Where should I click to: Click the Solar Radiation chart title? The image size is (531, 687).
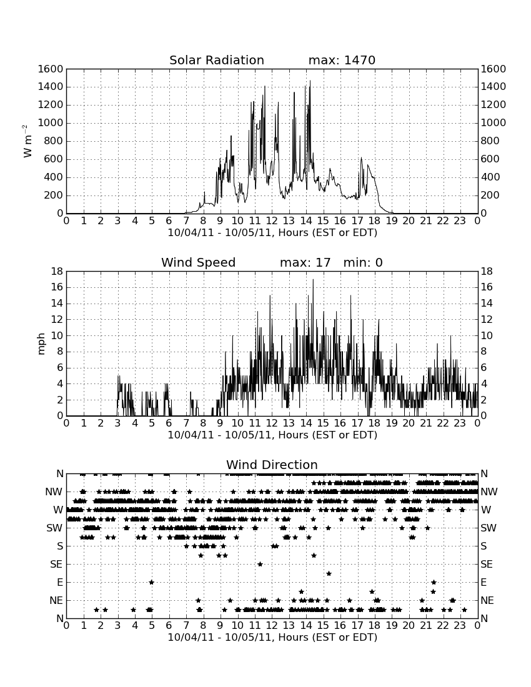point(217,60)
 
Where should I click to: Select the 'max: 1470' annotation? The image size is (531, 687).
point(342,60)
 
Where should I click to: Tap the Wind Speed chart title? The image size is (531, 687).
point(199,262)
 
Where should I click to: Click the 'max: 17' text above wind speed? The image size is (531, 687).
point(305,262)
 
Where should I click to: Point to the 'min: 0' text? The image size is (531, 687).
point(363,262)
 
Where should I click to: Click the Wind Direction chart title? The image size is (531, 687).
point(272,465)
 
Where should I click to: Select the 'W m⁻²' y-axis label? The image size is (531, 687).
point(27,141)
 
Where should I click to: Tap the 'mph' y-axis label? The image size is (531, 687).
point(41,344)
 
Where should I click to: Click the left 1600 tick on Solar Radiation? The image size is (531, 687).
point(51,69)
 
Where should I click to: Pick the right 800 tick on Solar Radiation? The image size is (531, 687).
point(490,141)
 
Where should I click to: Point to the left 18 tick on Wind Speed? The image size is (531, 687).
point(57,272)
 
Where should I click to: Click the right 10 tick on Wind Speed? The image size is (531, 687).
point(487,335)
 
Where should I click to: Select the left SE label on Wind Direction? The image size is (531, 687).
point(56,565)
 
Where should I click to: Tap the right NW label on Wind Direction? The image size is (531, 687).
point(489,492)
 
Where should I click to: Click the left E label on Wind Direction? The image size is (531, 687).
point(60,582)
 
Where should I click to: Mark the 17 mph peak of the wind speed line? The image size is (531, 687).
point(313,280)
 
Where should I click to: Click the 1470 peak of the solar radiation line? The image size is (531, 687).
point(310,81)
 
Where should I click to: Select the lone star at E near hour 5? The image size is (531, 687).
point(152,582)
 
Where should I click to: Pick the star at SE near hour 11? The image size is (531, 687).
point(260,565)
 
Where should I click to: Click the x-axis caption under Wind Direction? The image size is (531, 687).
point(272,637)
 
